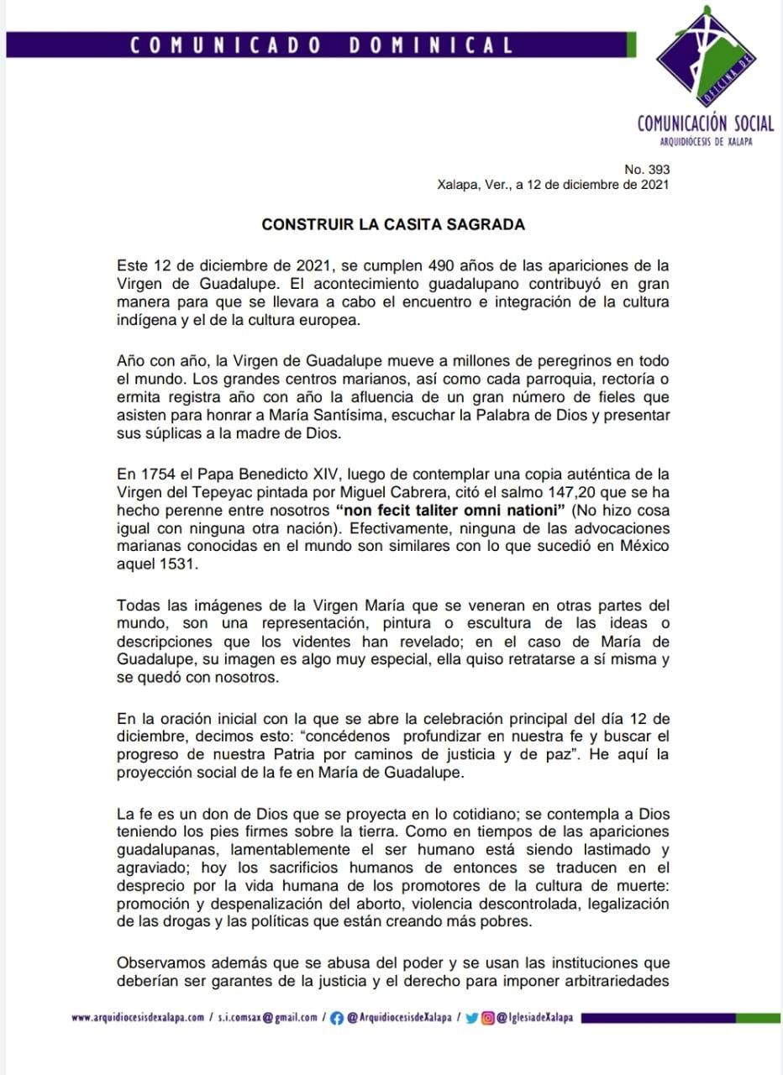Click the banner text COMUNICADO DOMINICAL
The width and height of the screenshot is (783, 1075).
(322, 45)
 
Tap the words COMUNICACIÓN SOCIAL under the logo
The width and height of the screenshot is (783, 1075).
(706, 123)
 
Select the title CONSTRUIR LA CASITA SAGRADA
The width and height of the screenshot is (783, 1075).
(393, 224)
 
